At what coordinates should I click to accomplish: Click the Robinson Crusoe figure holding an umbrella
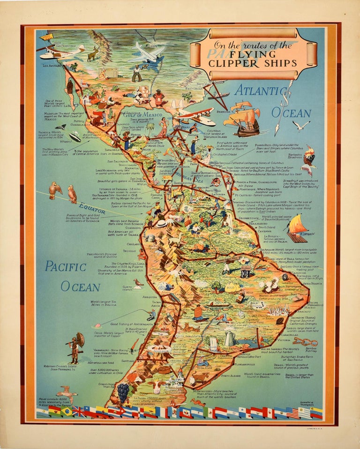[75, 347]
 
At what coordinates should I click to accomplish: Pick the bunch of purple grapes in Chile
[123, 392]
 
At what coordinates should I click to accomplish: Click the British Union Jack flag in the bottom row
[79, 411]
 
